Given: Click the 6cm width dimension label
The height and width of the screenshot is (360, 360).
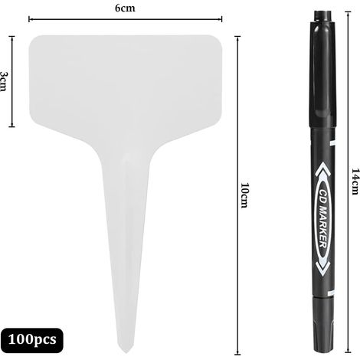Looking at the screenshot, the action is point(125,8).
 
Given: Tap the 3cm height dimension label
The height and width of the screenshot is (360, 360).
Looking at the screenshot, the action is point(4,81).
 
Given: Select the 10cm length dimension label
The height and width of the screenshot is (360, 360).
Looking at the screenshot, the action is point(244,195).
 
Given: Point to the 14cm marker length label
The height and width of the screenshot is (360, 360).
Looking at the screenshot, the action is point(355,182).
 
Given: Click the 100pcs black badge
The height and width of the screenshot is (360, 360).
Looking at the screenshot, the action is point(32,340).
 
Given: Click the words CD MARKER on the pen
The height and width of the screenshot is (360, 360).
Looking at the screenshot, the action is point(323,218).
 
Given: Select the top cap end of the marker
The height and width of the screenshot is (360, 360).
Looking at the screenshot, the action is point(322,12).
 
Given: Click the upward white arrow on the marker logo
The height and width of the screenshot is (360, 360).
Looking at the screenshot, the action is point(322,169).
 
